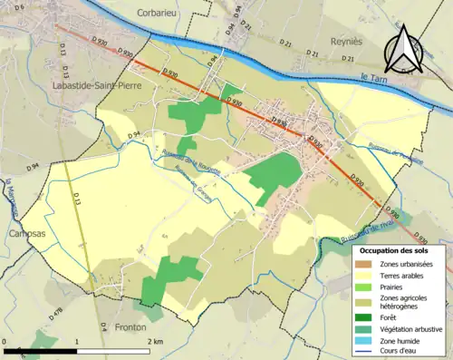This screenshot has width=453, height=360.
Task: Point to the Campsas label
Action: (24, 232)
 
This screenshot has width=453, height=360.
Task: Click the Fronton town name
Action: (134, 327)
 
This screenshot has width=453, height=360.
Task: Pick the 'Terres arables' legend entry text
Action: (403, 275)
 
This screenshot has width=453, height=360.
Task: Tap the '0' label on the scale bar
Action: (5, 342)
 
